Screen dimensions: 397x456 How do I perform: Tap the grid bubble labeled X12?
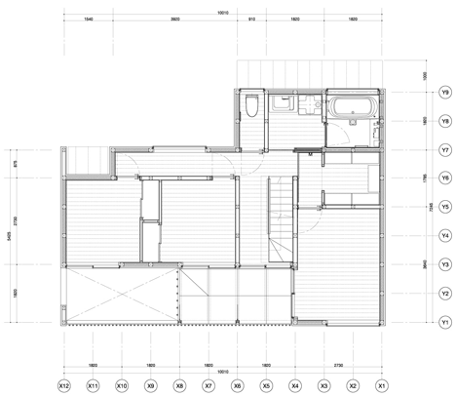click(x=63, y=385)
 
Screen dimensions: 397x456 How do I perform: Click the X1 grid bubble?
click(x=382, y=385)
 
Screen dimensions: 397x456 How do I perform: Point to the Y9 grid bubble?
click(x=443, y=93)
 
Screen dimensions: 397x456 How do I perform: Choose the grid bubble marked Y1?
click(x=443, y=322)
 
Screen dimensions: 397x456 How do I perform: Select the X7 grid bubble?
click(x=209, y=385)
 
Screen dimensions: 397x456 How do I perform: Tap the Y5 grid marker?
click(x=443, y=207)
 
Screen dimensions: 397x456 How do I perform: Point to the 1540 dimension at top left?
click(x=89, y=19)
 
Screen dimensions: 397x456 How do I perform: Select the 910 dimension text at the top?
click(x=251, y=19)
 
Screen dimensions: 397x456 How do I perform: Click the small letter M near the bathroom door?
click(x=310, y=154)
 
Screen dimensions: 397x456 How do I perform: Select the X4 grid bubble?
click(x=295, y=385)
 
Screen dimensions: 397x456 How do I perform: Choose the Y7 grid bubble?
click(x=443, y=150)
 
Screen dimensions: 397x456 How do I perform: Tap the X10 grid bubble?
click(x=122, y=385)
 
